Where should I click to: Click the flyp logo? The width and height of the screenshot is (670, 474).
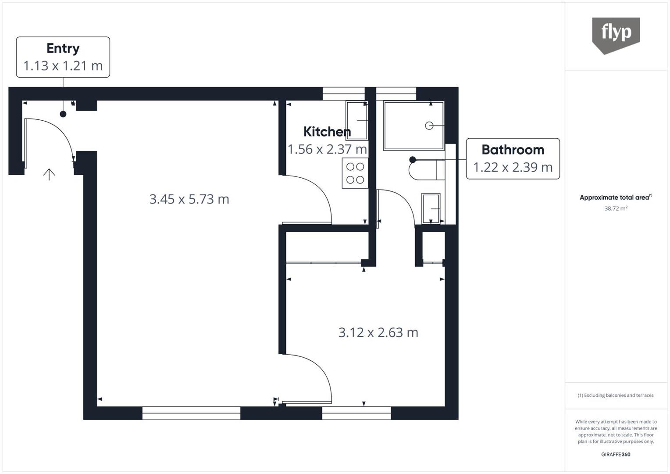[616, 34]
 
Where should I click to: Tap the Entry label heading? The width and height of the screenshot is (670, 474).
[63, 48]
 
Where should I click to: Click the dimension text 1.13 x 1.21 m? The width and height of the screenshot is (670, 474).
[63, 66]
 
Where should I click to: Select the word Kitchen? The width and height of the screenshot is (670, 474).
[327, 132]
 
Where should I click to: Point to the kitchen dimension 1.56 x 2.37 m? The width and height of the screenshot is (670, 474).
[327, 149]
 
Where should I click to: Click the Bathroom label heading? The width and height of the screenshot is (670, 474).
[513, 150]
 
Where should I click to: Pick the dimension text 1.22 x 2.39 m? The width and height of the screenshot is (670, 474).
[513, 167]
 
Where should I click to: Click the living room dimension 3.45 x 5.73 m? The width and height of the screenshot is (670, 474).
[189, 199]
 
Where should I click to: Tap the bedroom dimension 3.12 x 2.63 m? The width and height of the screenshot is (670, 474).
[378, 333]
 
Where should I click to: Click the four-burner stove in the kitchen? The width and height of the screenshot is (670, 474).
[355, 173]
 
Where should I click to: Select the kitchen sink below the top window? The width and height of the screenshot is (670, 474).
[356, 120]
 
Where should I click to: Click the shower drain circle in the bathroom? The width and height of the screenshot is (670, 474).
[429, 126]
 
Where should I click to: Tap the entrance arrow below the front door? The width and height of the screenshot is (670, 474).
[49, 175]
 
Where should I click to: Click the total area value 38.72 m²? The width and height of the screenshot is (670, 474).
[616, 208]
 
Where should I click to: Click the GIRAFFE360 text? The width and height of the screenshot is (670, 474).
[616, 454]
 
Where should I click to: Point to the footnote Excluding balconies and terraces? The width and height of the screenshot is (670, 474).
[616, 395]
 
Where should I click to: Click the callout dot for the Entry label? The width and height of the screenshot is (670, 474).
[63, 114]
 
